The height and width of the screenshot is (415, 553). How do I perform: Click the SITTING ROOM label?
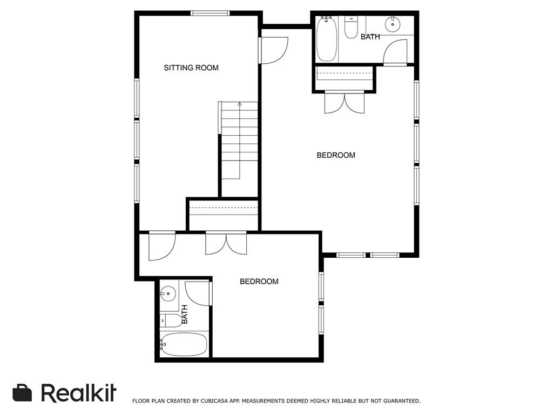(191, 68)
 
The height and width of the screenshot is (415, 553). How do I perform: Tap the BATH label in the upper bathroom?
(370, 37)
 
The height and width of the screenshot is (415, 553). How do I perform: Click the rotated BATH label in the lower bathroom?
(184, 314)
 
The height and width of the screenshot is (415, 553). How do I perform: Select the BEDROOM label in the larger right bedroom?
(335, 155)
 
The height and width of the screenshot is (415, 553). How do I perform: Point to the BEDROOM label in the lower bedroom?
(259, 282)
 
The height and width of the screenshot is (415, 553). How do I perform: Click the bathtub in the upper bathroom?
(327, 39)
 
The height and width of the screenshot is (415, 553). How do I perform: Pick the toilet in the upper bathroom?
(352, 27)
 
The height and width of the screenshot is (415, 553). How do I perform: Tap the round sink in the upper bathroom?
(393, 23)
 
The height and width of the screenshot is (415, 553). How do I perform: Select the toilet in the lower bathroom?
(172, 320)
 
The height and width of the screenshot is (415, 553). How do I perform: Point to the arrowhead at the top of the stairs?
(240, 103)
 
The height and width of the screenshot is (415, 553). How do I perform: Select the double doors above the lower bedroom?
(226, 243)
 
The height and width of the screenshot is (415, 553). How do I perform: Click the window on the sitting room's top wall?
(210, 13)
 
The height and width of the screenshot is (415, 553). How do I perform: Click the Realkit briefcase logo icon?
(22, 393)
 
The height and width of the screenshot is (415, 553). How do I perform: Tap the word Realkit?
(78, 393)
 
